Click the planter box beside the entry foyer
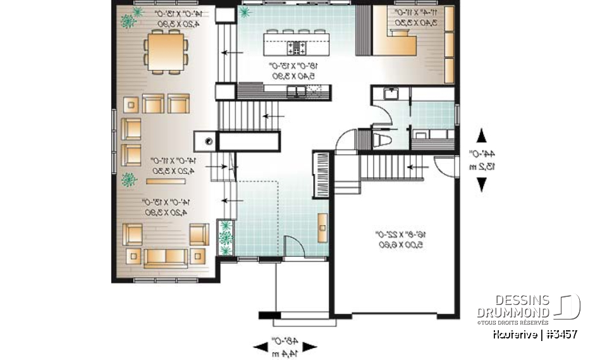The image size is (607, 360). tap(225, 237)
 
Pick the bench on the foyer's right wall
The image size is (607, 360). tap(322, 227)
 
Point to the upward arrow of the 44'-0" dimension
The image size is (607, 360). tap(482, 135)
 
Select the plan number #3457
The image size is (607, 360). tap(558, 334)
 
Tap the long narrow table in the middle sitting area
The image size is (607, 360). tap(166, 181)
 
